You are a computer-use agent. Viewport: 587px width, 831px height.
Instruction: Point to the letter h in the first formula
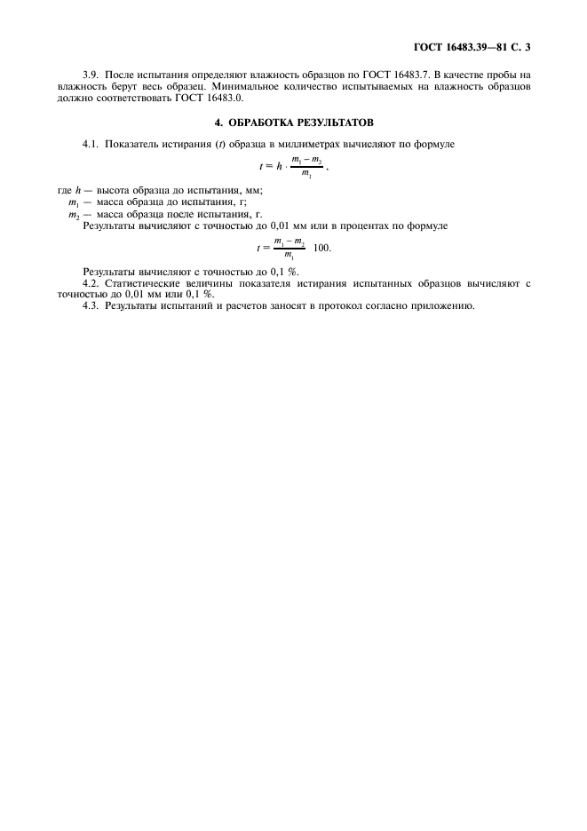[280, 166]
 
